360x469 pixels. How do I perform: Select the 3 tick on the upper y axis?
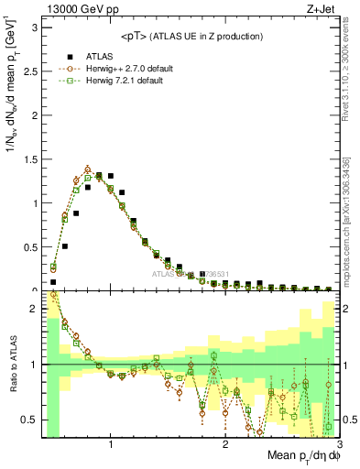[37, 27]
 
